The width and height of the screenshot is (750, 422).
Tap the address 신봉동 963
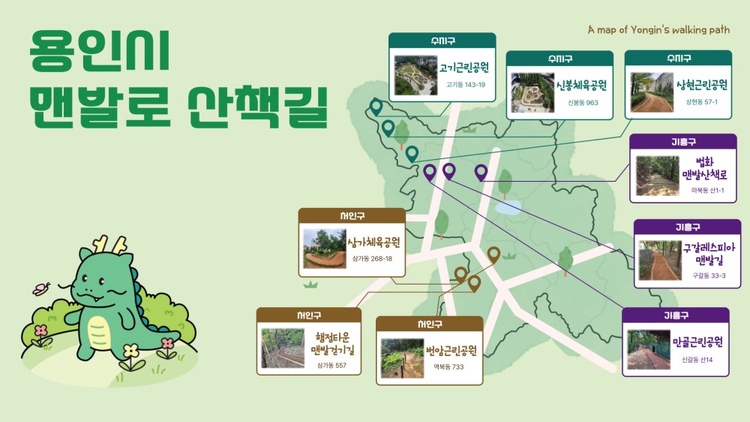pos(583,102)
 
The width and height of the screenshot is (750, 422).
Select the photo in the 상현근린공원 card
pos(652,92)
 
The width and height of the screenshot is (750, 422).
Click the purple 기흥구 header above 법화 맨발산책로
pos(682,142)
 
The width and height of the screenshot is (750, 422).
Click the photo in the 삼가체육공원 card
pos(324,249)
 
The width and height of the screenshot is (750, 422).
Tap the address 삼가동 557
pos(331,365)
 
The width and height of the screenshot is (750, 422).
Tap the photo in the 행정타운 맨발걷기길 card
pos(283,348)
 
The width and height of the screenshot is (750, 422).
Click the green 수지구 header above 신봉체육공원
pos(559,58)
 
